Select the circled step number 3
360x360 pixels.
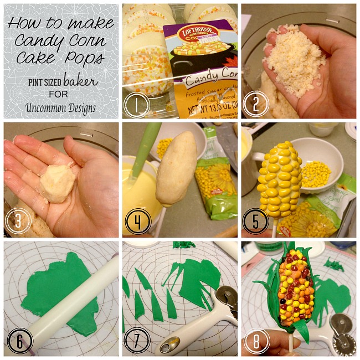pos(17,222)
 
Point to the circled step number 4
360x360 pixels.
pos(136,222)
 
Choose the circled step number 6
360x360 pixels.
pos(17,341)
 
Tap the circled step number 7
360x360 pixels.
pos(136,341)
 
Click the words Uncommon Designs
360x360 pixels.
pos(60,107)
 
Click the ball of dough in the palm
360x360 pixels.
pos(56,182)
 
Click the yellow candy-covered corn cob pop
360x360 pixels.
pos(280,172)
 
